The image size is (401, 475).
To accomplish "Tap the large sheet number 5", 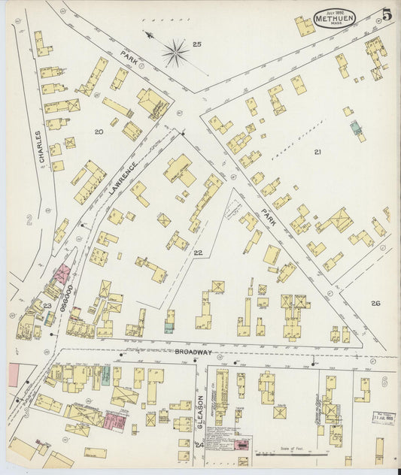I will (x=386, y=14).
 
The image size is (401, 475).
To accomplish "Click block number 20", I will (x=99, y=132).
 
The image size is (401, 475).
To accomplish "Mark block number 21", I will (x=317, y=152).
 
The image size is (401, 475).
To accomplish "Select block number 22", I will (x=197, y=253).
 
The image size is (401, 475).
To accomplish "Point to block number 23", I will (x=47, y=306).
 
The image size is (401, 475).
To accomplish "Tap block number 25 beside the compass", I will (x=196, y=45).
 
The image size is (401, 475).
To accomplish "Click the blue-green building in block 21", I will (x=355, y=129).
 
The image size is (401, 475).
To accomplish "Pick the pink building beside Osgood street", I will (x=61, y=274).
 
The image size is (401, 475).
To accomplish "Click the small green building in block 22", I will (x=169, y=327).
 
